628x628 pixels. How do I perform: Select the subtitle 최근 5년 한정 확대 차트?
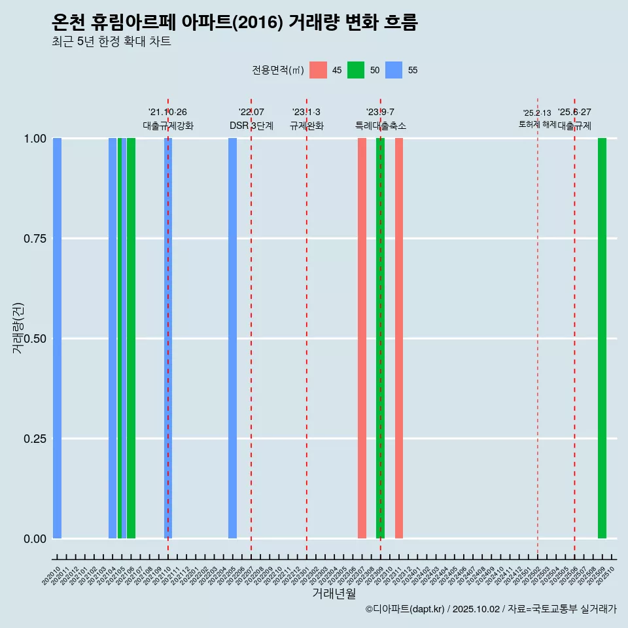(x=111, y=42)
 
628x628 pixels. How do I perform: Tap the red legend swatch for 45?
(x=318, y=70)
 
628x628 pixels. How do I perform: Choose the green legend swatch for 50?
(x=356, y=70)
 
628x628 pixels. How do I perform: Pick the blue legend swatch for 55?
(x=394, y=70)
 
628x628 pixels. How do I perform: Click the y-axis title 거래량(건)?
(x=18, y=327)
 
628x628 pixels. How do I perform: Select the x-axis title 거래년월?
(x=334, y=593)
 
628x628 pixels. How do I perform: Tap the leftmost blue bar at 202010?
(x=58, y=338)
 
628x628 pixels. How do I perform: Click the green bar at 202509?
(x=602, y=338)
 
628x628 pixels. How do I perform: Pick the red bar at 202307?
(x=362, y=338)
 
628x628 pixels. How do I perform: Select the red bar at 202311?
(x=399, y=338)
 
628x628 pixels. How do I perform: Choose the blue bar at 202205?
(x=232, y=338)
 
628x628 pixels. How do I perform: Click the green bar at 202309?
(x=380, y=338)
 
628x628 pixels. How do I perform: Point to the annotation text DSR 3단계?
(x=251, y=126)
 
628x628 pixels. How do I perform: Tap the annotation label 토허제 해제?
(x=537, y=124)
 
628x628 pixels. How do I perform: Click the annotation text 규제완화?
(x=307, y=126)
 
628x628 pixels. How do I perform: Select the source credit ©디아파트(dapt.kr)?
(x=405, y=609)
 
